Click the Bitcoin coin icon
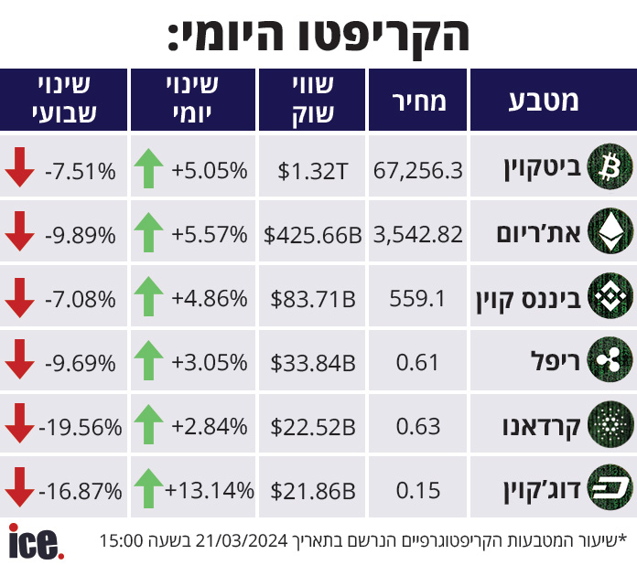click(x=610, y=166)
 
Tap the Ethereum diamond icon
click(x=610, y=231)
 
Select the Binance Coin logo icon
click(x=610, y=295)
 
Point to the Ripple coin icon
click(x=610, y=359)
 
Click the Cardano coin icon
click(x=610, y=424)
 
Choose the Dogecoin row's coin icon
click(x=610, y=487)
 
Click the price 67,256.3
click(x=417, y=170)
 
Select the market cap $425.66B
click(x=312, y=235)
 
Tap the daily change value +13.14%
click(x=210, y=490)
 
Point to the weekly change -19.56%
click(x=80, y=427)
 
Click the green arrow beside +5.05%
click(x=148, y=168)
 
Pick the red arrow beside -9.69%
click(x=19, y=359)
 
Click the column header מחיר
click(x=419, y=101)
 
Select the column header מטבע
click(x=544, y=101)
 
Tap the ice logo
click(x=37, y=542)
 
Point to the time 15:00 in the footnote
click(x=121, y=540)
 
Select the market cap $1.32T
click(x=312, y=171)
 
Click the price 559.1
click(x=417, y=299)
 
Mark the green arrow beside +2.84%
click(x=148, y=424)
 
